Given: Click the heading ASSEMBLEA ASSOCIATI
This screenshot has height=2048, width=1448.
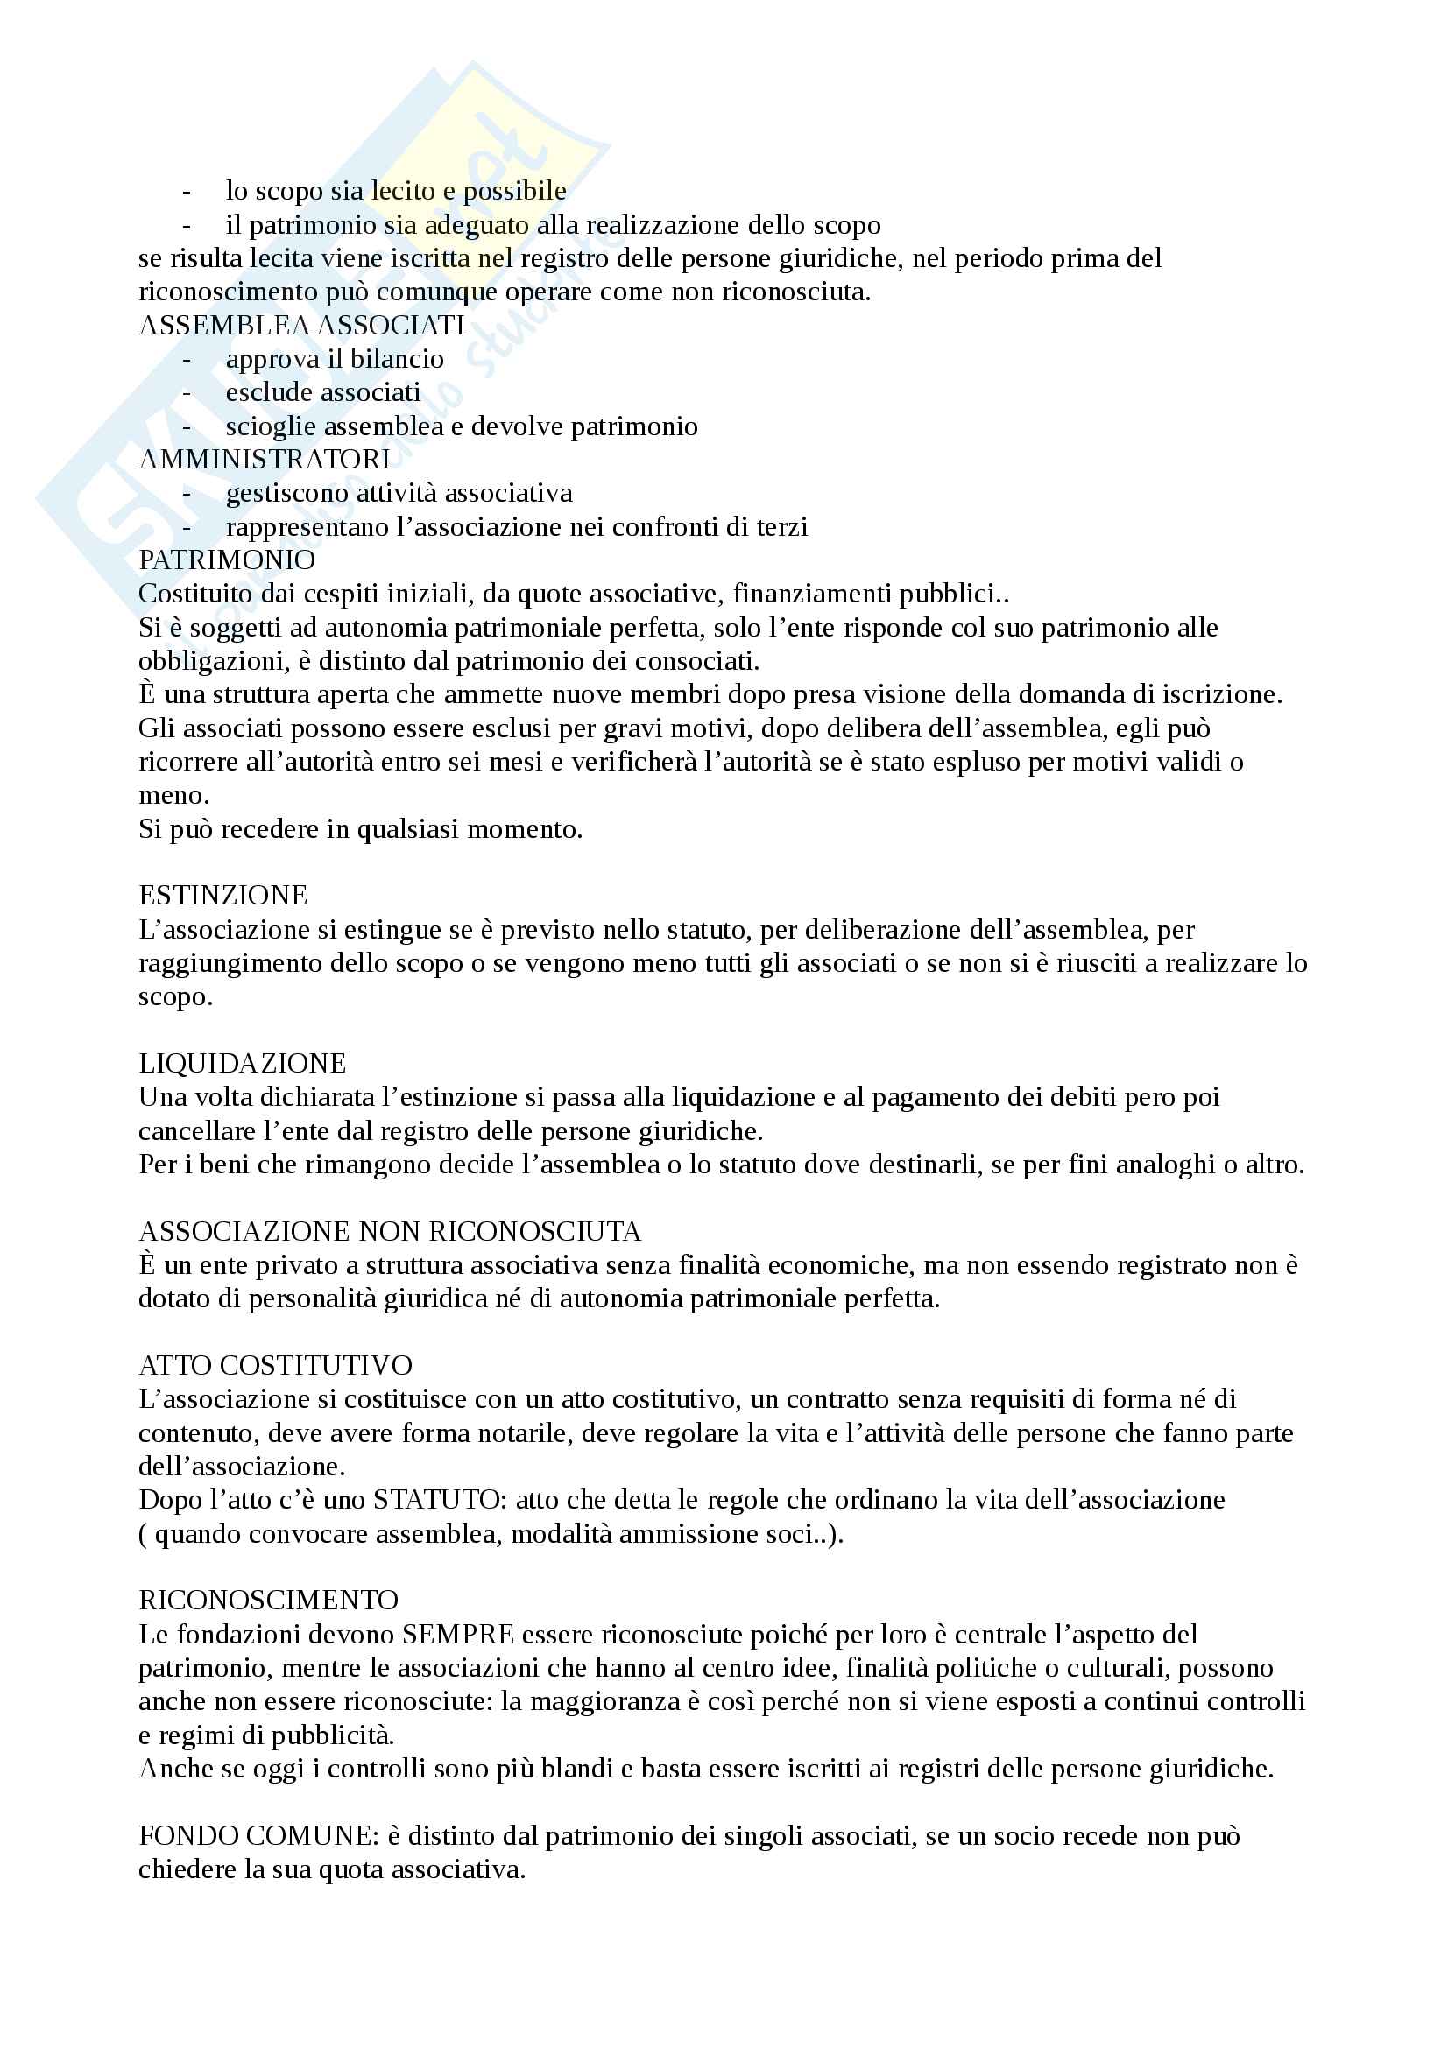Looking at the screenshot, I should click(301, 326).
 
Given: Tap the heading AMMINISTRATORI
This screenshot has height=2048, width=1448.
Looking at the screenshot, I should click(264, 460).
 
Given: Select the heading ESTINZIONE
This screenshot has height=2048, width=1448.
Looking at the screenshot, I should click(223, 896).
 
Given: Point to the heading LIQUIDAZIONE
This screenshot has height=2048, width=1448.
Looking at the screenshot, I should click(242, 1063).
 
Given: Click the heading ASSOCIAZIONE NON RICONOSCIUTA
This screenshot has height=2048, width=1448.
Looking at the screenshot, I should click(390, 1232).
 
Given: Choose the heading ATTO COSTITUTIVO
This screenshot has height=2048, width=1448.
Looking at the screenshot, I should click(275, 1366).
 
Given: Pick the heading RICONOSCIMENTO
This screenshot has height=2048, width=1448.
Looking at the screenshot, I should click(268, 1601).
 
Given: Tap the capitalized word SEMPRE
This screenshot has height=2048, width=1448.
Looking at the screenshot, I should click(457, 1634).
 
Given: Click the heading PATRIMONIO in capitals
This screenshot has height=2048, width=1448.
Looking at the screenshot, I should click(227, 560).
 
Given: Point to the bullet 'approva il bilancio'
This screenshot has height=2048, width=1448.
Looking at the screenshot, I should click(335, 359).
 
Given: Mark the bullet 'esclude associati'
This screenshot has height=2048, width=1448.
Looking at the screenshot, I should click(323, 392).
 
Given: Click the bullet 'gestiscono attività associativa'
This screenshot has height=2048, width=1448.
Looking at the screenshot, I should click(399, 493).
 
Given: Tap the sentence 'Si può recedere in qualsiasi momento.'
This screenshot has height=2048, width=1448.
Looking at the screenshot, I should click(360, 829).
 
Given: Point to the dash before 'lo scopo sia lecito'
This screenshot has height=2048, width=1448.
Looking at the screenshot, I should click(187, 191).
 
